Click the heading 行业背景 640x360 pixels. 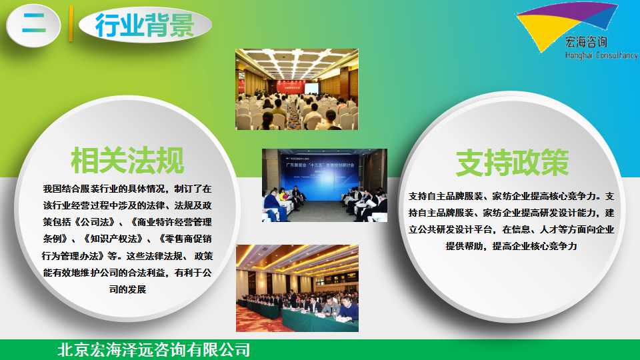coord(145,25)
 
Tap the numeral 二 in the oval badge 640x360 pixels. coord(34,24)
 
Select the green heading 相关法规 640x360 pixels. coord(127,161)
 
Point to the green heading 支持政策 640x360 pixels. coord(512,163)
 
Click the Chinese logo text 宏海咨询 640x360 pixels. coord(586,41)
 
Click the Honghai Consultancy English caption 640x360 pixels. coord(601,55)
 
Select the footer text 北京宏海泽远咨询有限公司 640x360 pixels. coord(154,350)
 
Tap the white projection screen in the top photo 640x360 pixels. coord(311,87)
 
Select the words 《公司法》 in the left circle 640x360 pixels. coord(95,222)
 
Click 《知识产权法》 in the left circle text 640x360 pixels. coord(113,239)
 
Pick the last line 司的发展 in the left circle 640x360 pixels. coord(127,289)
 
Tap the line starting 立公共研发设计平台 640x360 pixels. coord(511,229)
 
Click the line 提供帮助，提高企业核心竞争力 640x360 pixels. coord(511,246)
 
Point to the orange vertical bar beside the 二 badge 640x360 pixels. coord(71,23)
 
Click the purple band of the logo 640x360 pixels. coord(571,12)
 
